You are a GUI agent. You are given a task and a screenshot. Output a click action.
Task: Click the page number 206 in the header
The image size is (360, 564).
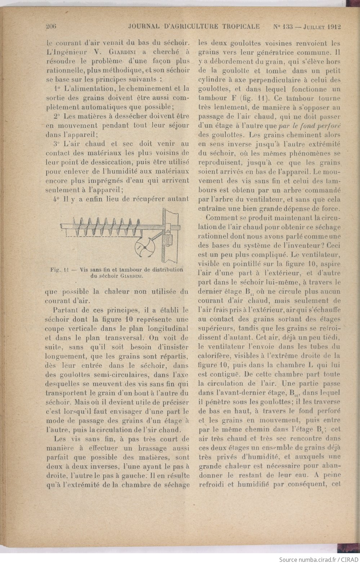point(53,26)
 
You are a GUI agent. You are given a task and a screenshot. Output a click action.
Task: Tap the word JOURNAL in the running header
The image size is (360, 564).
point(143,26)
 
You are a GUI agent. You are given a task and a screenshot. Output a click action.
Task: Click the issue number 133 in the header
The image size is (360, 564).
point(287,26)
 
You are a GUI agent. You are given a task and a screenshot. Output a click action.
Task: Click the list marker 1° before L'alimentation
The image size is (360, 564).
point(57,88)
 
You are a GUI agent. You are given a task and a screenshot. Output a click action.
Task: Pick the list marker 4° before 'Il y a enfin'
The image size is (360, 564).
point(57,199)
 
